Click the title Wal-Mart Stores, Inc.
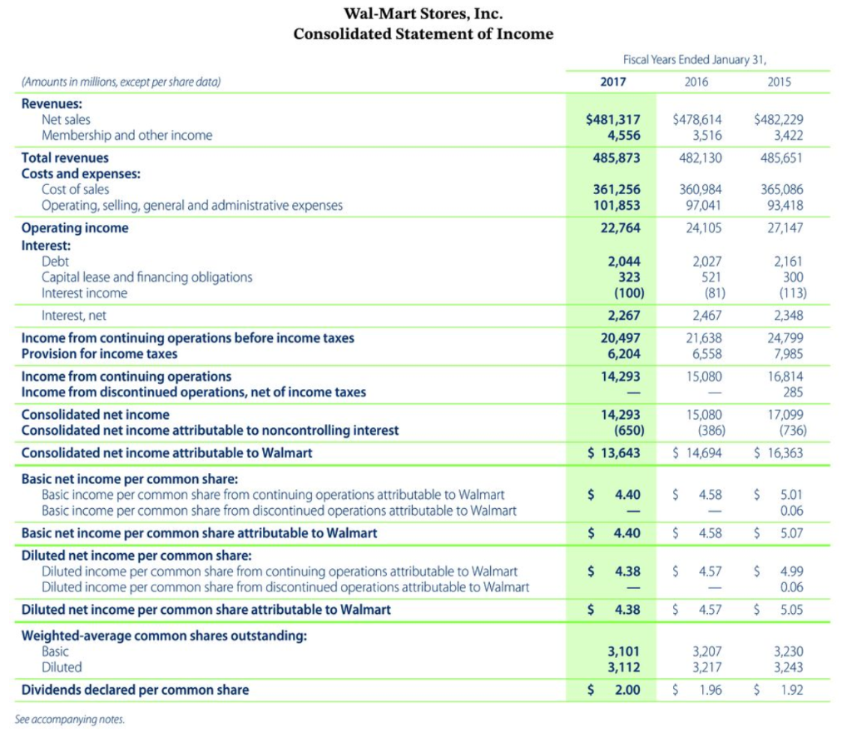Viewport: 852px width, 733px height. (x=423, y=13)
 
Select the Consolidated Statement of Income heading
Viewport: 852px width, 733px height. (x=423, y=34)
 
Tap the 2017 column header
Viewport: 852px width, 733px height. (x=612, y=82)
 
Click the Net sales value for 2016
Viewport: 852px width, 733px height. (x=696, y=119)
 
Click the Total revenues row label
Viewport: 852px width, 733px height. (x=65, y=157)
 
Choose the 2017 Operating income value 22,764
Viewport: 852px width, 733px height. (x=620, y=227)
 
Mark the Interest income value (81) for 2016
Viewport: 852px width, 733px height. (x=709, y=292)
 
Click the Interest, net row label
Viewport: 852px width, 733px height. (x=74, y=315)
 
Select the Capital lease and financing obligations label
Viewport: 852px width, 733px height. (x=147, y=277)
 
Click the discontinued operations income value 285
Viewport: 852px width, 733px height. (x=794, y=391)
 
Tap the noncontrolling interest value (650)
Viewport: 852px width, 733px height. (x=625, y=430)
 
